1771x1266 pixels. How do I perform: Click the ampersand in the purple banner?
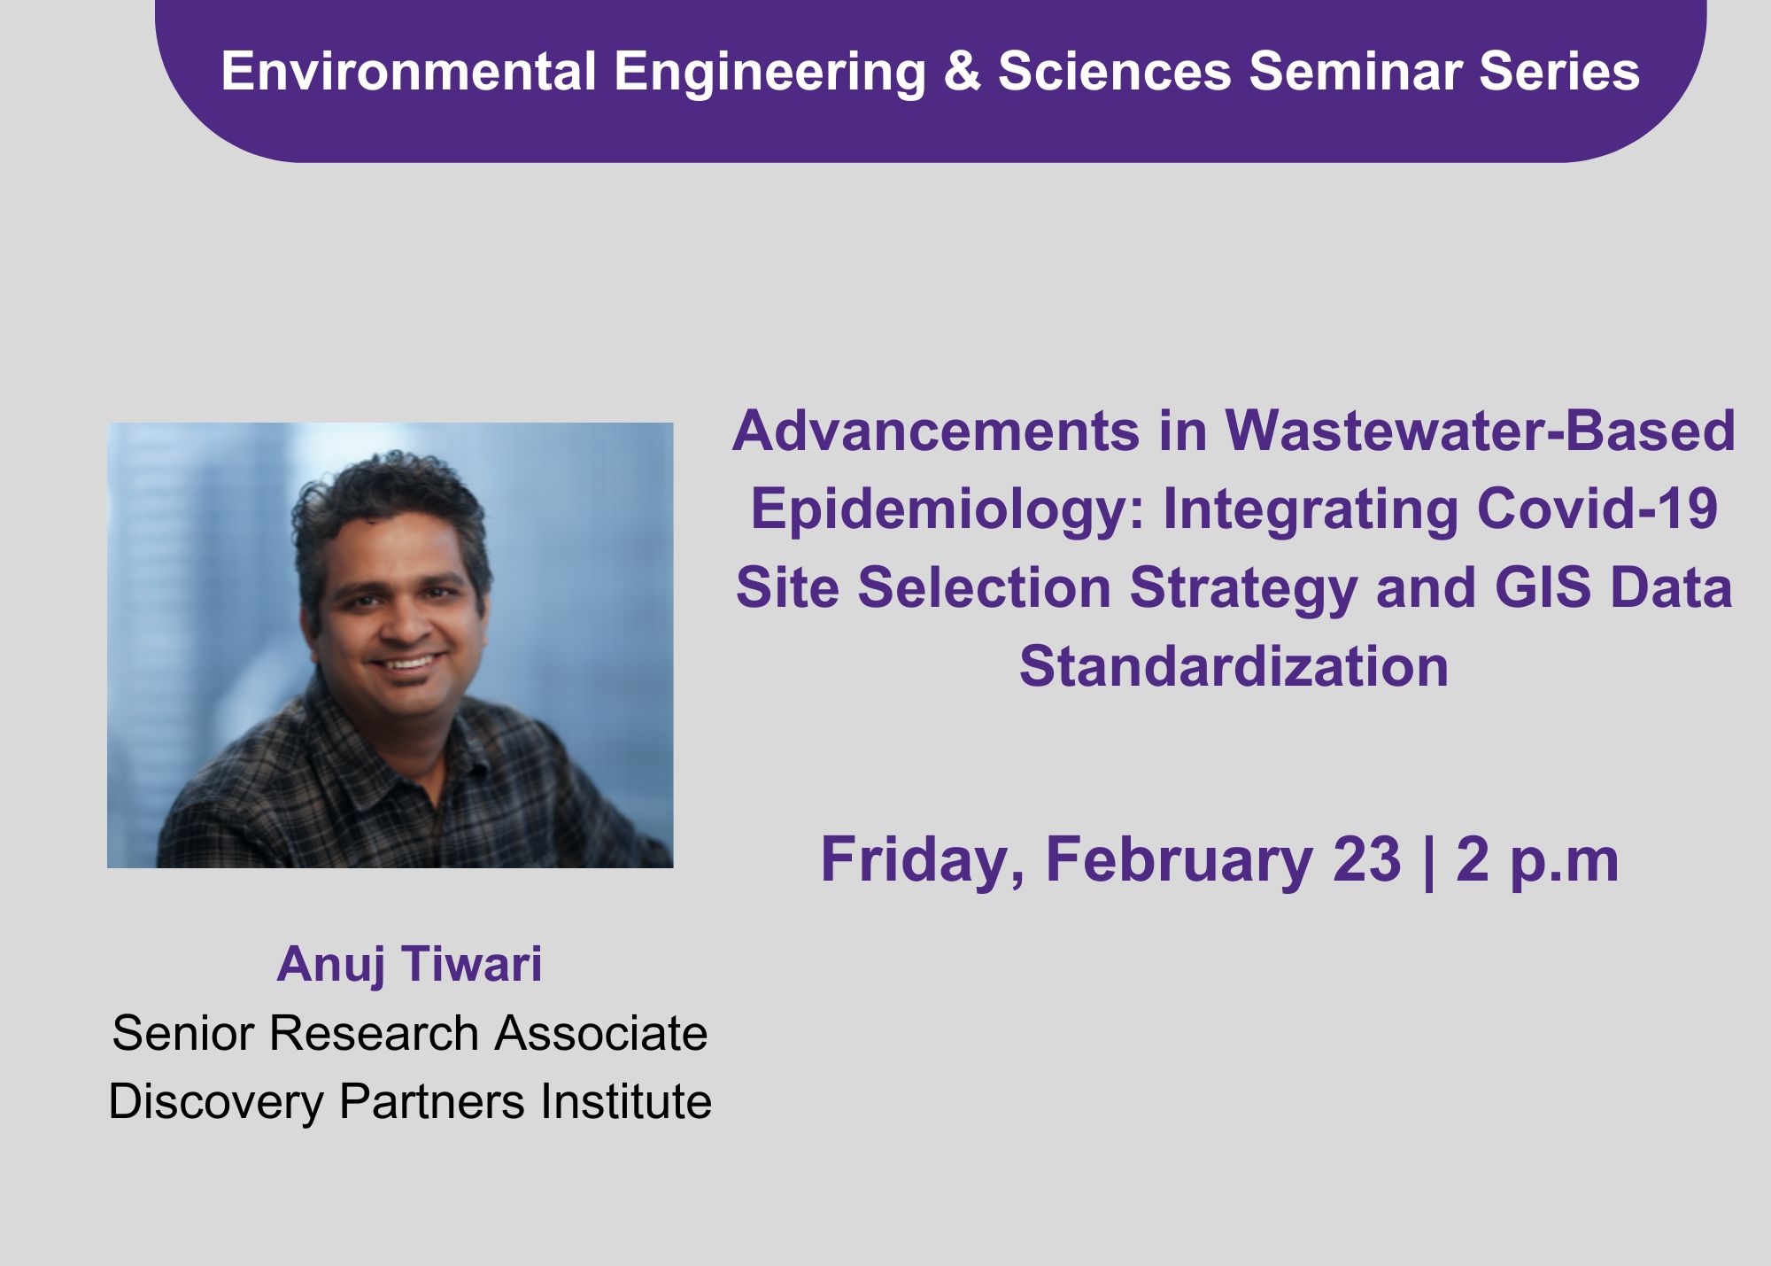pos(962,71)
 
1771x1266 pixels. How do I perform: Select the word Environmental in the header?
pos(408,71)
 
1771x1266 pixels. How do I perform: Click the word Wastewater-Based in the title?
pos(1480,431)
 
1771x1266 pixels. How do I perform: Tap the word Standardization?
pos(1234,665)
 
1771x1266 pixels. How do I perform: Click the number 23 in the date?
pos(1366,859)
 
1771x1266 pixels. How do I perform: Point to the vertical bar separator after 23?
pos(1428,861)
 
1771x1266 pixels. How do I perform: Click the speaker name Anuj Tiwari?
pos(409,964)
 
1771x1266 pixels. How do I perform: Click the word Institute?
pos(626,1101)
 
